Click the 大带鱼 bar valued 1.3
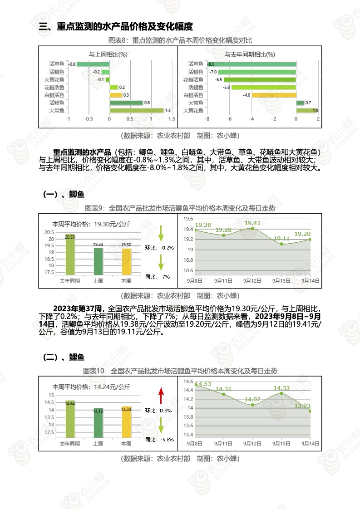(136, 110)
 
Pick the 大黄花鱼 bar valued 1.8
(307, 110)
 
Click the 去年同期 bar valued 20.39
(70, 254)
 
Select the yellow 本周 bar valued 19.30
(126, 261)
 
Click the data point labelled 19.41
(252, 228)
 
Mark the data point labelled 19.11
(281, 244)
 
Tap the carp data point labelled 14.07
(252, 405)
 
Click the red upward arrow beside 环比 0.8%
(161, 396)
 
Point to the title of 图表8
(180, 40)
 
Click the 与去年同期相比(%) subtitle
(250, 54)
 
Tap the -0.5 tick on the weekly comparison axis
(89, 119)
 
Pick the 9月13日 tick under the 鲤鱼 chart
(281, 443)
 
